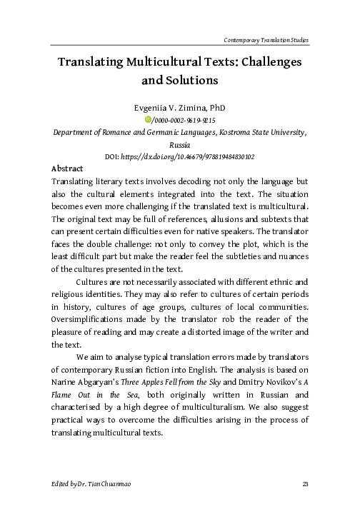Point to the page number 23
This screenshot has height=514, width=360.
point(305,484)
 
